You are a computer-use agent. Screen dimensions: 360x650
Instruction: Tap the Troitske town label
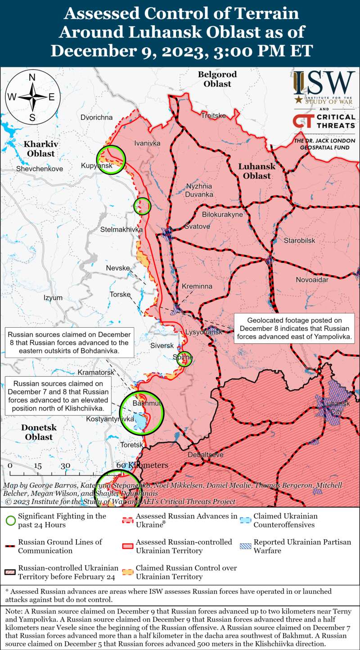click(x=213, y=116)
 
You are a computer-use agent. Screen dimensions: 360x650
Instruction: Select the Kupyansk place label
click(x=96, y=167)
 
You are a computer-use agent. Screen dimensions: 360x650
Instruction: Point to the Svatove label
click(x=197, y=226)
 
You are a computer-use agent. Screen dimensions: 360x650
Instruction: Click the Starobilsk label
click(x=299, y=241)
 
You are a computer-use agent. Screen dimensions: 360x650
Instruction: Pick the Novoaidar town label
click(x=312, y=280)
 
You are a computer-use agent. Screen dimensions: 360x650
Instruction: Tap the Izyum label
click(x=53, y=298)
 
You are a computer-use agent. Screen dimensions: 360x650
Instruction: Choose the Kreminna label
click(x=197, y=286)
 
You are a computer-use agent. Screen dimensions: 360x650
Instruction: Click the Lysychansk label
click(x=204, y=332)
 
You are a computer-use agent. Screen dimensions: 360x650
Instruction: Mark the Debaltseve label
click(x=205, y=455)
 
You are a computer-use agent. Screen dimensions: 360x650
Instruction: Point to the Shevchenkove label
click(x=40, y=169)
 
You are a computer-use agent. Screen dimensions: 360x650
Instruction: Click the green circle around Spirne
click(x=184, y=359)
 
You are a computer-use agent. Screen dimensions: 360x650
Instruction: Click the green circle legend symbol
click(x=9, y=520)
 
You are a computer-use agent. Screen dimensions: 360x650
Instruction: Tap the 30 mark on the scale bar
click(x=66, y=465)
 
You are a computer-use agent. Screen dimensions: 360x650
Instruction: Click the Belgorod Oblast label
click(x=217, y=79)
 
